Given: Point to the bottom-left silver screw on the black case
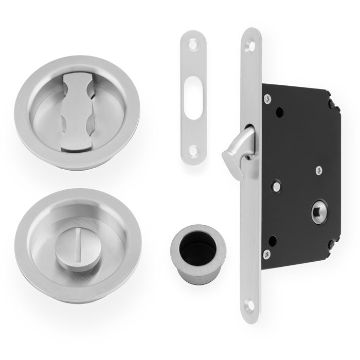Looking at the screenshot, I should tap(266, 253).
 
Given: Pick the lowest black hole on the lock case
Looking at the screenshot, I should tap(273, 240).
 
